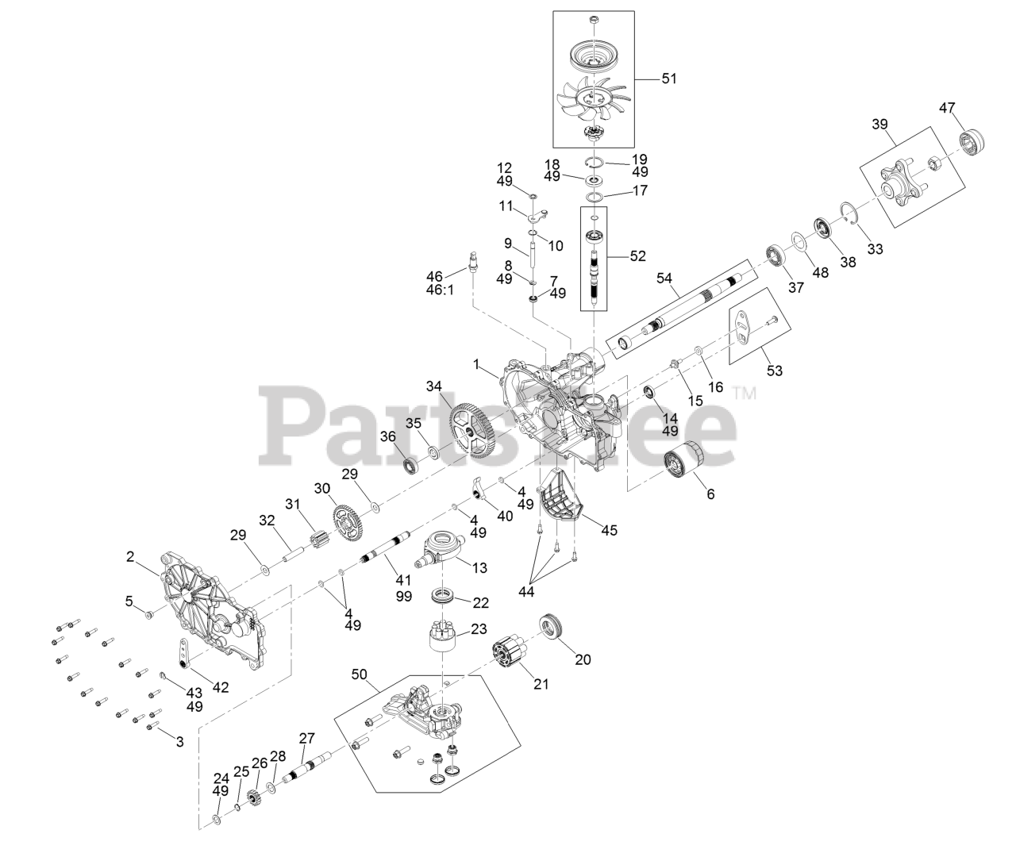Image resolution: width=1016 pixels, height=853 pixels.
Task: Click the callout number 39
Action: coord(879,124)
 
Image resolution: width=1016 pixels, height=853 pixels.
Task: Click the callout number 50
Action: coord(360,674)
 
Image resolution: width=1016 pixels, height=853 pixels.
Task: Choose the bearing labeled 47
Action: coord(972,143)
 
